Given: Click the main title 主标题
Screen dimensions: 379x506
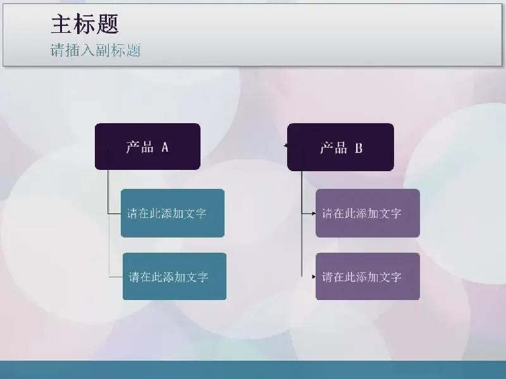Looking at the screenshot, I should (x=85, y=25).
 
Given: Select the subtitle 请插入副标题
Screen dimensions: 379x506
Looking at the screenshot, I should (x=96, y=51).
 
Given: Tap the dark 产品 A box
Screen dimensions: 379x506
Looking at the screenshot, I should (x=147, y=147).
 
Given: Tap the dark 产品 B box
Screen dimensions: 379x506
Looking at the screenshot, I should (x=340, y=147).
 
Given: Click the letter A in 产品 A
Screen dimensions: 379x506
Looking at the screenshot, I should (x=165, y=147).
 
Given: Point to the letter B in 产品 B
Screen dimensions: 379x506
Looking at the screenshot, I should (x=359, y=148).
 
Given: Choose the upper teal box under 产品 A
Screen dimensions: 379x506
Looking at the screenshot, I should (x=173, y=213).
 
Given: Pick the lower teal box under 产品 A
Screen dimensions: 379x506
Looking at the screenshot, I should (x=175, y=276).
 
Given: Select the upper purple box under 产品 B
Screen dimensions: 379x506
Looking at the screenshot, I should (x=367, y=213).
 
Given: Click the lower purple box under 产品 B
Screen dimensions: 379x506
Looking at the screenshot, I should (x=367, y=276).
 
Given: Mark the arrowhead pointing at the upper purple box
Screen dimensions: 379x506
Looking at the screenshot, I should (x=313, y=214).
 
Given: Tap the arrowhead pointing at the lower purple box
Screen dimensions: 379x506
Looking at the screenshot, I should (x=313, y=276).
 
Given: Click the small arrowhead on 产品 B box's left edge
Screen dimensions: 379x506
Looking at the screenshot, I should (x=286, y=146).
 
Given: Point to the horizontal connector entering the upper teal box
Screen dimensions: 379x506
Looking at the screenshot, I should (x=114, y=214).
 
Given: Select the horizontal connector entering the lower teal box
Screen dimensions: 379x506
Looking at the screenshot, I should (x=116, y=277).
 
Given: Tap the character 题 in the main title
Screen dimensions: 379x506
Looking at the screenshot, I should (x=108, y=25).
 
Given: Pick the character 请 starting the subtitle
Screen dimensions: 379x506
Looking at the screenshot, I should (x=57, y=51).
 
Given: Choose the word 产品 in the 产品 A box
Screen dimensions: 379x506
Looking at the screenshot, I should (x=140, y=147).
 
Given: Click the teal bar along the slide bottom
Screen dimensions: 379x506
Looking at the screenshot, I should (x=253, y=370).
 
